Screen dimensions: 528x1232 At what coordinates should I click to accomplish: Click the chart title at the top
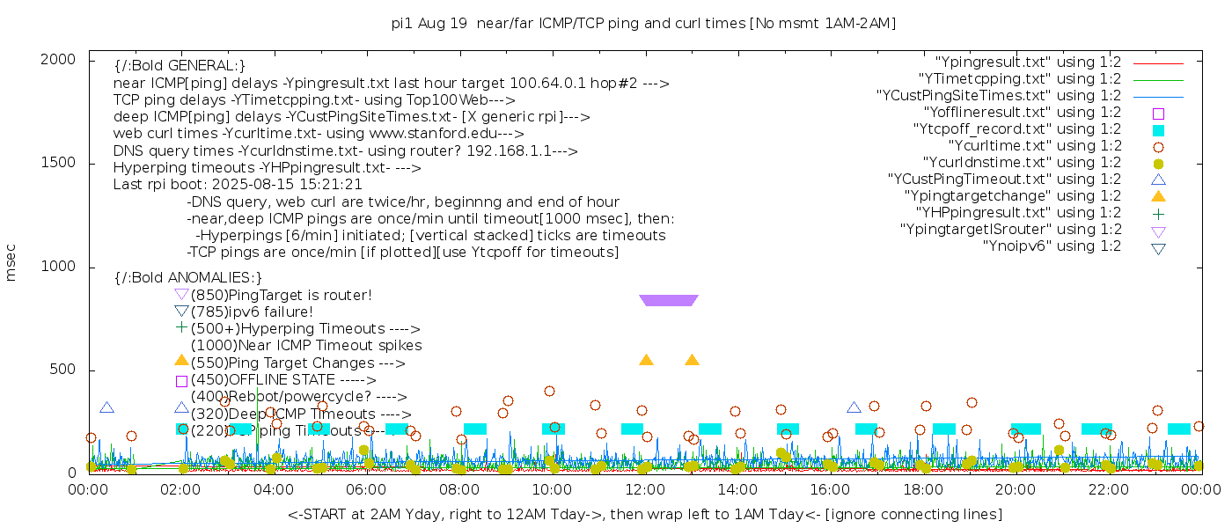(643, 24)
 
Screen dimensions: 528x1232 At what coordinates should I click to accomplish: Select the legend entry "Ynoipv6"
(1052, 246)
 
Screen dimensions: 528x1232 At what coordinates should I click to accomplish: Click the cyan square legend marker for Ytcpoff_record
(1158, 130)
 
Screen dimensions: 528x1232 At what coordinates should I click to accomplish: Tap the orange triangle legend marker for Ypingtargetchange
(1158, 196)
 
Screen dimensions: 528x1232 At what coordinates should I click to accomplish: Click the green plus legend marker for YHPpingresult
(1158, 213)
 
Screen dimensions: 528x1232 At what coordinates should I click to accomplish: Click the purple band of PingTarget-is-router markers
(669, 300)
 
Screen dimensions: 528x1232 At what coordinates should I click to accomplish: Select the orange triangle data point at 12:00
(646, 360)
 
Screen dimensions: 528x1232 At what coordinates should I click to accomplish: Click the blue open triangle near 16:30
(854, 407)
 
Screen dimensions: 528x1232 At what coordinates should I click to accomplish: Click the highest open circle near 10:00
(549, 392)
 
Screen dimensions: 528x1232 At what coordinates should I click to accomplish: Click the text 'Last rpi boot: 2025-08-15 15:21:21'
(238, 185)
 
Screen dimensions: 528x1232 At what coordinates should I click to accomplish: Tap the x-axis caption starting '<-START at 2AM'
(644, 514)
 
